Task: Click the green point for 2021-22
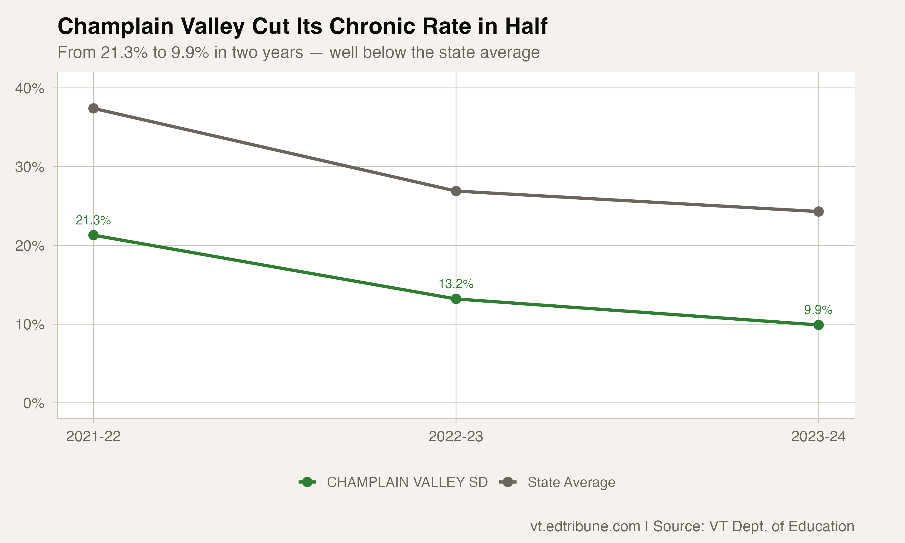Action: coord(93,235)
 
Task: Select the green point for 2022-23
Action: coord(456,299)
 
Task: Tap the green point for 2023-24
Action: coord(819,325)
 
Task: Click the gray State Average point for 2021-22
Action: coord(93,108)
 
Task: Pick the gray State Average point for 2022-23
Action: coord(456,191)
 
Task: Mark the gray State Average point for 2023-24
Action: coord(819,211)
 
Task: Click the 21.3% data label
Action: coord(93,220)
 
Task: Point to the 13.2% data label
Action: coord(456,284)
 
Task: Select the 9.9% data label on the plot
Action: coord(818,310)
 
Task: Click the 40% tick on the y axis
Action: coord(30,89)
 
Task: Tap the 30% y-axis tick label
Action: coord(30,167)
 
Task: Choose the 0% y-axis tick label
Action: coord(34,404)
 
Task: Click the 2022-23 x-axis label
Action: coord(456,437)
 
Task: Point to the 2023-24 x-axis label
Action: coord(818,437)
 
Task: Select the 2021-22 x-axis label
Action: coord(93,437)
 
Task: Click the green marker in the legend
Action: coord(307,482)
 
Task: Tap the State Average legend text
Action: coord(571,482)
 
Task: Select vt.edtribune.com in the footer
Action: coord(585,526)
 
